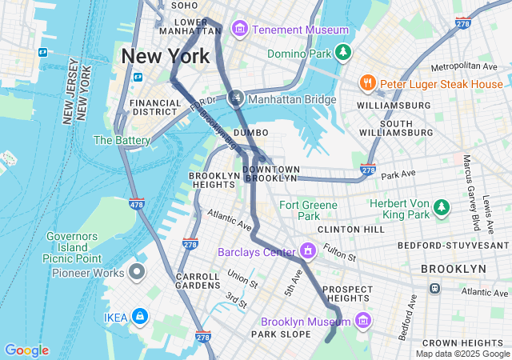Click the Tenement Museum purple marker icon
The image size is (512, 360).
(x=238, y=30)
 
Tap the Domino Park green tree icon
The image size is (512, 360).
(x=343, y=53)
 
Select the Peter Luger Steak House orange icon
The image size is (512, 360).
(x=368, y=83)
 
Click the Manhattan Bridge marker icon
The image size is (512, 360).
(x=235, y=99)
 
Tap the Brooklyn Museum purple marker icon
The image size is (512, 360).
(x=363, y=321)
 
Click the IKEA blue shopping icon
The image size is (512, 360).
(x=140, y=317)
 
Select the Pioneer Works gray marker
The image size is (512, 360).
(x=136, y=272)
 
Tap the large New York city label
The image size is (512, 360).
(x=166, y=57)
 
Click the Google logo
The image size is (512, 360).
(x=26, y=350)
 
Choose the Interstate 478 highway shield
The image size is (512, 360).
(x=136, y=205)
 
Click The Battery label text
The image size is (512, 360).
(x=122, y=140)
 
